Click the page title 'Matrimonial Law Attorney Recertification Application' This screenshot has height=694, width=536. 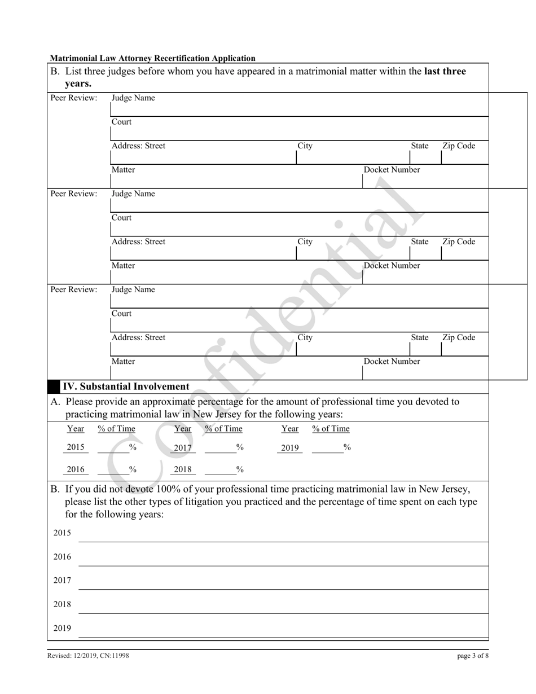(x=152, y=58)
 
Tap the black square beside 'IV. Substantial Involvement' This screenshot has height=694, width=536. (x=54, y=386)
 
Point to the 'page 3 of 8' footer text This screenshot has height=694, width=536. (x=473, y=656)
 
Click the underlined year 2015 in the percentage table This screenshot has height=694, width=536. (x=76, y=447)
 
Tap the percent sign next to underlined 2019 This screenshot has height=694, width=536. (x=347, y=447)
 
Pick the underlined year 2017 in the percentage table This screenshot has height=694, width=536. (x=183, y=447)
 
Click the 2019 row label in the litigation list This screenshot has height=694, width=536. (x=62, y=628)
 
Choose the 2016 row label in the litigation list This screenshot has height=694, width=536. (x=62, y=557)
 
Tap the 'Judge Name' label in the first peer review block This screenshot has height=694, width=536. (x=133, y=98)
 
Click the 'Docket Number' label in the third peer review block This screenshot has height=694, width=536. (x=392, y=362)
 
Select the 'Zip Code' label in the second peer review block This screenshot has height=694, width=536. (x=459, y=241)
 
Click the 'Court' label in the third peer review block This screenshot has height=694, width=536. (x=121, y=314)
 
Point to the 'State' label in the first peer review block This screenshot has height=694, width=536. (x=419, y=146)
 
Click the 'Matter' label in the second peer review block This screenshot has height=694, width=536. (x=123, y=266)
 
